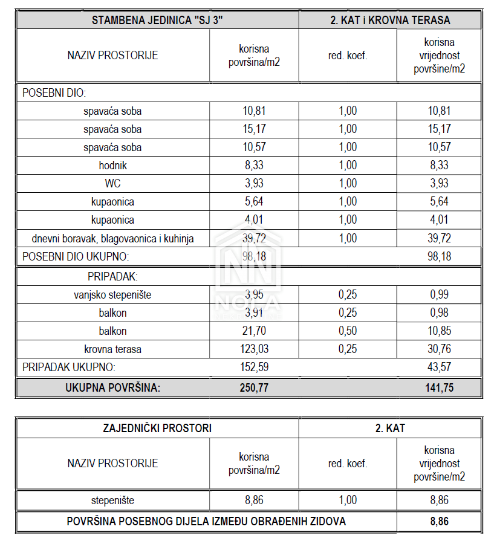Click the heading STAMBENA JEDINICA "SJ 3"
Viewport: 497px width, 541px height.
tap(157, 19)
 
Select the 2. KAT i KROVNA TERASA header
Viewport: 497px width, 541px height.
tap(390, 19)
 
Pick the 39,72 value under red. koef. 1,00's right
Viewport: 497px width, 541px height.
tap(440, 238)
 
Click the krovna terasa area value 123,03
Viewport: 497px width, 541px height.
tap(254, 349)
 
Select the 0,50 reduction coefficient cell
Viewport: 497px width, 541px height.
tap(348, 331)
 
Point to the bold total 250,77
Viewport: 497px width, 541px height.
tap(254, 387)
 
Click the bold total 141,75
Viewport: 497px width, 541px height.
tap(440, 387)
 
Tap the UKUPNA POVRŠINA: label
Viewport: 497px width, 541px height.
tap(112, 387)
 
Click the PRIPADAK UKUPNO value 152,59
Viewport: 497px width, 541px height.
tap(254, 366)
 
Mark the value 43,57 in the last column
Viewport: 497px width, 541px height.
tap(440, 366)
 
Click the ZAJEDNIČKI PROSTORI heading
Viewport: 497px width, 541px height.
tap(157, 428)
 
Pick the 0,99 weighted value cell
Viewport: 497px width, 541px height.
tap(440, 294)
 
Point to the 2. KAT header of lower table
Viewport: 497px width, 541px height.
tap(390, 428)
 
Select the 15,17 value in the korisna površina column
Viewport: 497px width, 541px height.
tap(254, 129)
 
